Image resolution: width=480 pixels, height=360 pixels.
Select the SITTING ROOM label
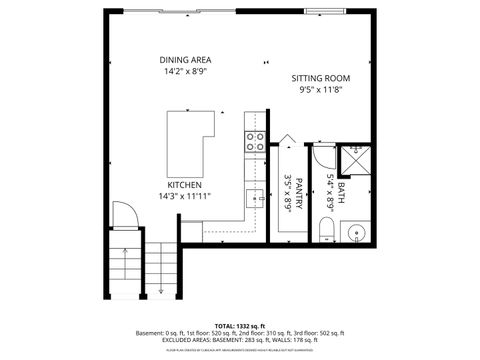tap(321, 78)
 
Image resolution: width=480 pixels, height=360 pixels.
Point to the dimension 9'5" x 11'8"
tap(321, 90)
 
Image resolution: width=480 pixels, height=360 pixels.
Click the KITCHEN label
tap(185, 185)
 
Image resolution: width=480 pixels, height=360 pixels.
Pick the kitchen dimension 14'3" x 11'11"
tap(185, 197)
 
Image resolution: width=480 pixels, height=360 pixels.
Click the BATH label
tap(341, 191)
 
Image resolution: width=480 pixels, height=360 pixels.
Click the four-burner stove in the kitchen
tap(255, 141)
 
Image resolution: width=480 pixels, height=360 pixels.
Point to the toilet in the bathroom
tap(323, 232)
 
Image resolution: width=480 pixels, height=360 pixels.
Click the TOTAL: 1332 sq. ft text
tap(239, 325)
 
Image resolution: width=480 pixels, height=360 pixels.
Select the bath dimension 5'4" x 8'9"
tap(330, 191)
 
